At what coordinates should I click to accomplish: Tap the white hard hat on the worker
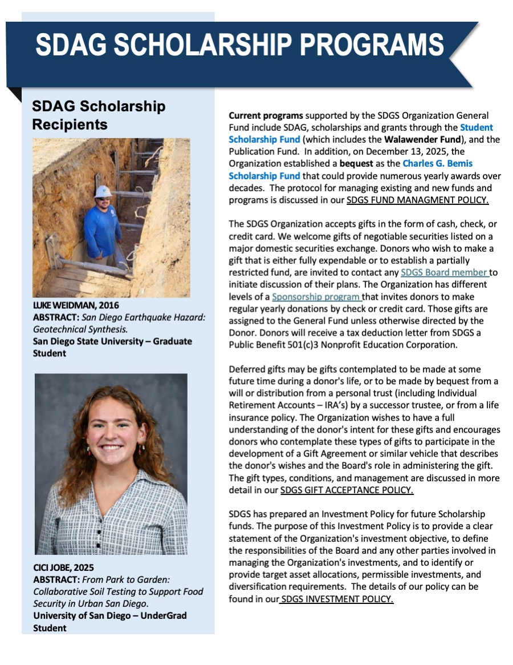(103, 191)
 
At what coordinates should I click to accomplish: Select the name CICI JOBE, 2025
(63, 568)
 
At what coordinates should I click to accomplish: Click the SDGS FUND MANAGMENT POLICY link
(418, 200)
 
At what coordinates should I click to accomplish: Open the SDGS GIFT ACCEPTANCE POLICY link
(347, 490)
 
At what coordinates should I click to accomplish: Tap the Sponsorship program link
(316, 297)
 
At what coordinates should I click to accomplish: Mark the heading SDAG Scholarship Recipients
(99, 115)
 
